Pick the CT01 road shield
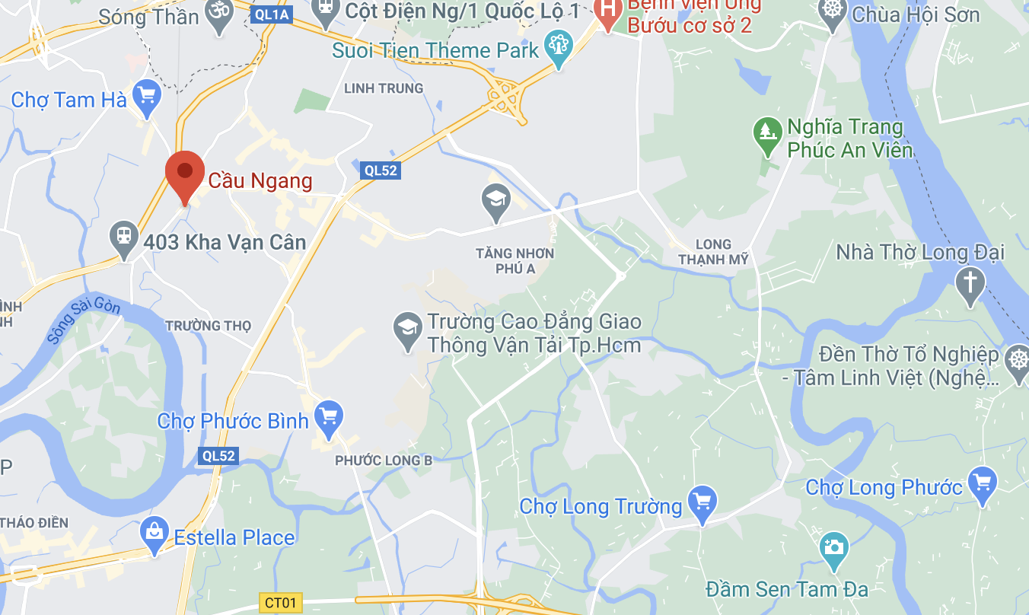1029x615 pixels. pos(281,603)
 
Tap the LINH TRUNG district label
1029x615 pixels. pos(384,88)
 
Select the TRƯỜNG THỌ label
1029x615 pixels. pos(208,326)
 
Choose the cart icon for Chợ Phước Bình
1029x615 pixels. pos(329,416)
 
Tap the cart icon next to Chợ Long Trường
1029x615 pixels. pos(702,502)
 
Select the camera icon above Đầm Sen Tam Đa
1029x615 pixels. pos(834,547)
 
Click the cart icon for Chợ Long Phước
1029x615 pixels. pos(983,483)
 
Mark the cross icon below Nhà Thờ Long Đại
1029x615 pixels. pos(970,283)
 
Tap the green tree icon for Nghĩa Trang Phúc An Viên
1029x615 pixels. pos(766,132)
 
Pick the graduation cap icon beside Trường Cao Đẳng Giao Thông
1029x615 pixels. pos(407,329)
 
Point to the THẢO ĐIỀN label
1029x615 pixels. pos(34,523)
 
